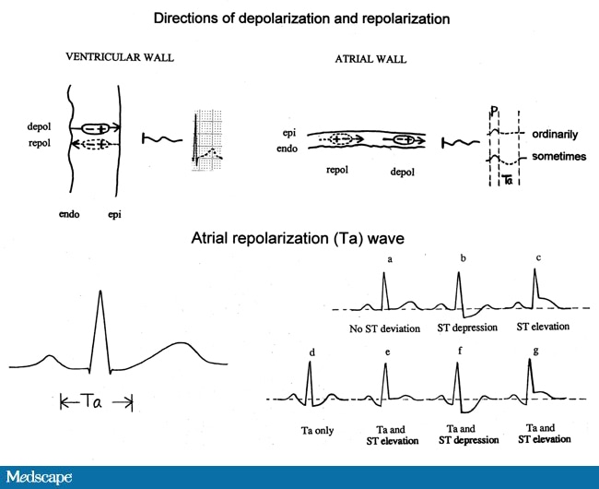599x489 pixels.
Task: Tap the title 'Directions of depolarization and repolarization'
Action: pos(299,18)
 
